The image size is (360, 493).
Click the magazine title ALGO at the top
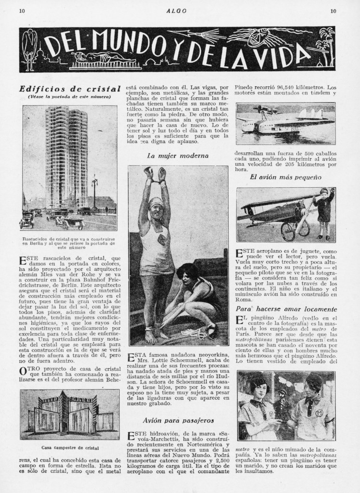tap(179, 10)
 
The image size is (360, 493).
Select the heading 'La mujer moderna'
tap(178, 156)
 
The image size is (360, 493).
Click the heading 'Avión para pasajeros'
tap(178, 419)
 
